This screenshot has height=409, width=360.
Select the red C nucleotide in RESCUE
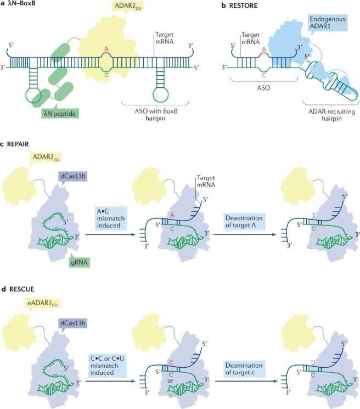[x=171, y=332]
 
